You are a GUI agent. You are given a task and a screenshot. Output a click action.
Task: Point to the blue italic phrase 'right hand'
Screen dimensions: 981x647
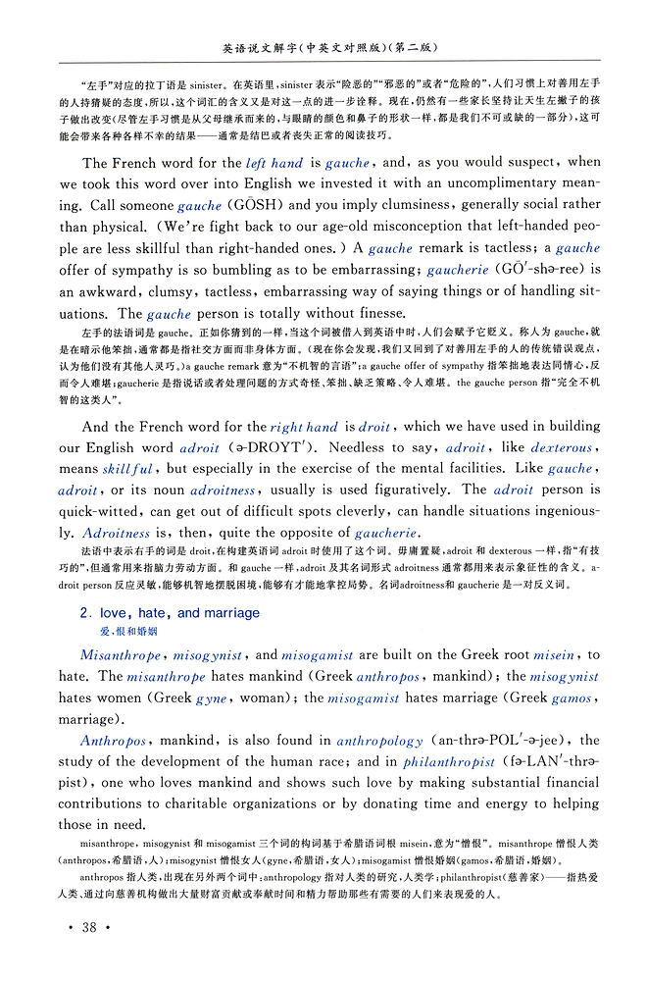click(304, 427)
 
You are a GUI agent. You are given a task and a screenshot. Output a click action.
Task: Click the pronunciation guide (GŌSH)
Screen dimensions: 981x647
click(255, 206)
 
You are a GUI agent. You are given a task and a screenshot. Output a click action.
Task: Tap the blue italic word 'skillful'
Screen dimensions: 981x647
click(128, 470)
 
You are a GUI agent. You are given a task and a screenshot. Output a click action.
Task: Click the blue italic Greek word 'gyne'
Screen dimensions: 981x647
click(211, 698)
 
